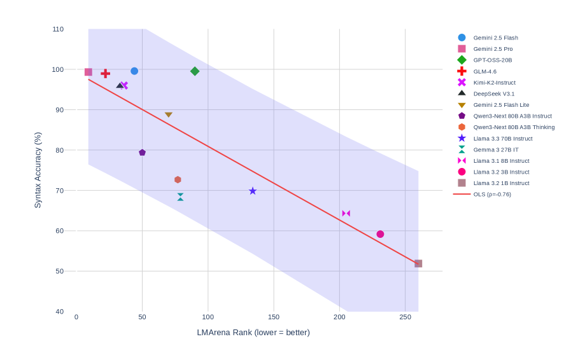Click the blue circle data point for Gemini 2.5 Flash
pos(134,71)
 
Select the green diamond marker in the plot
pos(195,71)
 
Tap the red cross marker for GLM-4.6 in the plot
pos(106,74)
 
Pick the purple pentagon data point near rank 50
pos(142,153)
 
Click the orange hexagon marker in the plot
pos(178,180)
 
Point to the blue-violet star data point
pos(253,191)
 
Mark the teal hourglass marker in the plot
pos(180,197)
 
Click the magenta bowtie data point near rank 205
pos(346,214)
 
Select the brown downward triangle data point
pos(169,115)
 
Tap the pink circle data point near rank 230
pos(380,234)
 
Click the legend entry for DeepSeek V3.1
pos(493,93)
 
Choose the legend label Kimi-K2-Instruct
pos(494,83)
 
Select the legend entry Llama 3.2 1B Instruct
pos(501,183)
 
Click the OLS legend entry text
pos(491,194)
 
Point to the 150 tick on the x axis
pos(274,317)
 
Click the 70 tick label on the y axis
pos(60,190)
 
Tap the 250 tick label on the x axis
pos(405,317)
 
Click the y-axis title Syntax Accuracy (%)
pos(38,170)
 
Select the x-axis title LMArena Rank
pos(253,332)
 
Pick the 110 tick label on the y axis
pos(59,29)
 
